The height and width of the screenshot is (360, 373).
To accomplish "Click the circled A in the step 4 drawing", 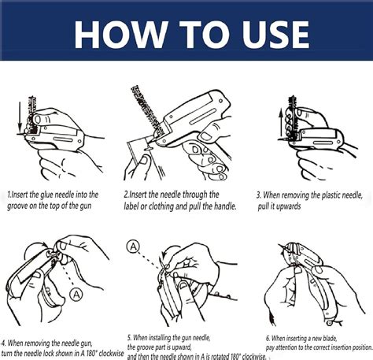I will pos(76,295).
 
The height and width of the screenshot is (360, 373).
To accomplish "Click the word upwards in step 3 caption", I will pos(298,204).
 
